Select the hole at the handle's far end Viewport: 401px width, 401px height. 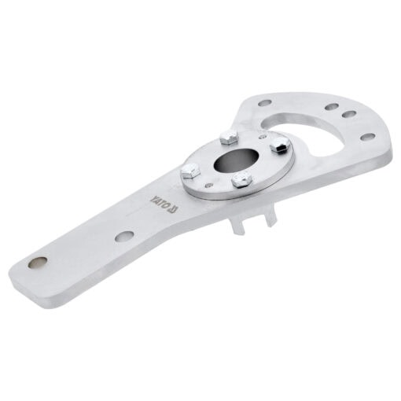(38, 263)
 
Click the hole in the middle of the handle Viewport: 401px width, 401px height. (124, 236)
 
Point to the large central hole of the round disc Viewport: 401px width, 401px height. (237, 160)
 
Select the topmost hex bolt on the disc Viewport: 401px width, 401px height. (229, 137)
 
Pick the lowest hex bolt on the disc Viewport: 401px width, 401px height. (242, 180)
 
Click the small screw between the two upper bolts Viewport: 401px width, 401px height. (262, 136)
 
